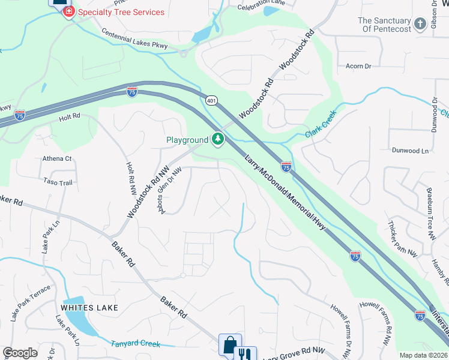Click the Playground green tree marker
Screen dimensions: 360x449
[x=217, y=140]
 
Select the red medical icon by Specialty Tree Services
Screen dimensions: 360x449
[x=69, y=12]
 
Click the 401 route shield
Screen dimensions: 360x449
[x=211, y=101]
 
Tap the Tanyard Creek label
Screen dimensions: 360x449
[x=136, y=344]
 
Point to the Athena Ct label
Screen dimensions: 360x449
[x=57, y=159]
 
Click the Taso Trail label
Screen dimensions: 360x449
[x=58, y=181]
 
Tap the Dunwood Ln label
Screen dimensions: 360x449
[x=410, y=151]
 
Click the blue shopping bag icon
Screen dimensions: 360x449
[x=230, y=346]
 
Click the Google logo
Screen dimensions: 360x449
[x=20, y=353]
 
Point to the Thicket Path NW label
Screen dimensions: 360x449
[x=402, y=238]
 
